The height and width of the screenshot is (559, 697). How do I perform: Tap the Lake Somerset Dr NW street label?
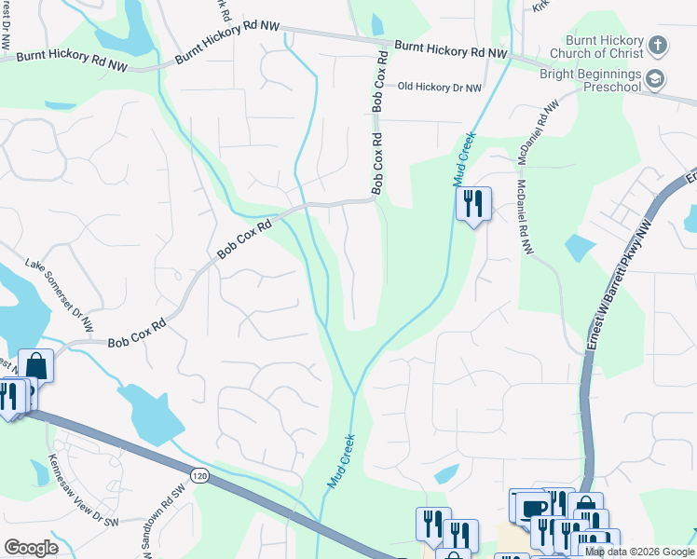click(61, 295)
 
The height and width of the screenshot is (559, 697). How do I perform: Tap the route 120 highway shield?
click(199, 475)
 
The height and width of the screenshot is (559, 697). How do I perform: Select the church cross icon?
click(657, 45)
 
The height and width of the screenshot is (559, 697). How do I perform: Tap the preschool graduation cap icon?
click(656, 79)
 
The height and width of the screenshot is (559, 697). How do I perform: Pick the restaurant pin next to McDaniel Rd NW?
click(473, 203)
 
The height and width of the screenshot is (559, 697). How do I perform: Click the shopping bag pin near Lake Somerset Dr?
click(35, 364)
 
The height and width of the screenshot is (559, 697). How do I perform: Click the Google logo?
click(30, 548)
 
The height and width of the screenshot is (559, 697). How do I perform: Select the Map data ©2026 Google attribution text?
click(640, 552)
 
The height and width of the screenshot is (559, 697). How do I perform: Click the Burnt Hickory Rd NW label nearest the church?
click(450, 49)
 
